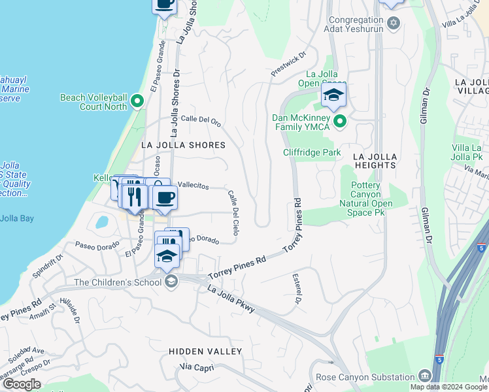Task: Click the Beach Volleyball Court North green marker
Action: tap(137, 101)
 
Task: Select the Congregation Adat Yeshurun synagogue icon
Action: tap(393, 24)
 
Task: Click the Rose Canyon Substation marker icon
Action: tap(425, 376)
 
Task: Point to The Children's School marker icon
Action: tap(171, 282)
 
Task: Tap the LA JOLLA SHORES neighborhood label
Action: tap(184, 145)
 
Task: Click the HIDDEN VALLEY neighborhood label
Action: tap(205, 351)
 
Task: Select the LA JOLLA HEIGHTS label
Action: tap(374, 161)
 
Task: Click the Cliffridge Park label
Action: tap(312, 152)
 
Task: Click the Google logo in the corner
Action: tap(21, 384)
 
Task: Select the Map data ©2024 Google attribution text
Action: tap(448, 387)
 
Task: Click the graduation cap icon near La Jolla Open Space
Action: tap(333, 96)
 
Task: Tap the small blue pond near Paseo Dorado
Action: tap(102, 222)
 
